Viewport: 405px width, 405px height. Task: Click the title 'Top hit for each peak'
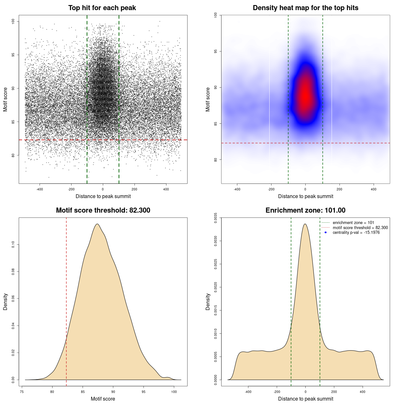coord(102,8)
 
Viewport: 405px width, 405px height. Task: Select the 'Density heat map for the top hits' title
coord(305,8)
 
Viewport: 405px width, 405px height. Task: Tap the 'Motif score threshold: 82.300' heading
coord(103,210)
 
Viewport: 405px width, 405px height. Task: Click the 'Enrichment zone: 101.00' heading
coord(305,210)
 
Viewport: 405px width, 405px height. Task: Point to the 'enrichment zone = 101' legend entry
coord(353,223)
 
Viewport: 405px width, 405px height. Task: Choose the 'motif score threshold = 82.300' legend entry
coord(360,228)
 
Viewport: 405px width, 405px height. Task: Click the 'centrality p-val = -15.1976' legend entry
coord(356,233)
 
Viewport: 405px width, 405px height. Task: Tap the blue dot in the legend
coord(326,233)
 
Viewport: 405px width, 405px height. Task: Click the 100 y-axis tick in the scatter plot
coord(13,21)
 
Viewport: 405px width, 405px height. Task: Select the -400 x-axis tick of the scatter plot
coord(40,190)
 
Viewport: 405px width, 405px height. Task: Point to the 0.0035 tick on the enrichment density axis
coord(216,218)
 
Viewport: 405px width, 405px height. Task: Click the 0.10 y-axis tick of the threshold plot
coord(13,244)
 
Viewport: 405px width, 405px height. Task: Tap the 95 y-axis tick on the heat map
coord(216,51)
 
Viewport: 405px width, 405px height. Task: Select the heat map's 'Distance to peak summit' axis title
coord(305,196)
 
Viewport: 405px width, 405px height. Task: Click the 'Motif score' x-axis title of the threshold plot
coord(103,399)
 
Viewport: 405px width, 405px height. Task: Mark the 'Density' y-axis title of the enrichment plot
coord(208,302)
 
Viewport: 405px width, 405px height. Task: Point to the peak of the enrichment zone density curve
coord(305,224)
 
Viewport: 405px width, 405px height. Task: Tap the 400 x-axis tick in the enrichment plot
coord(363,392)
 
